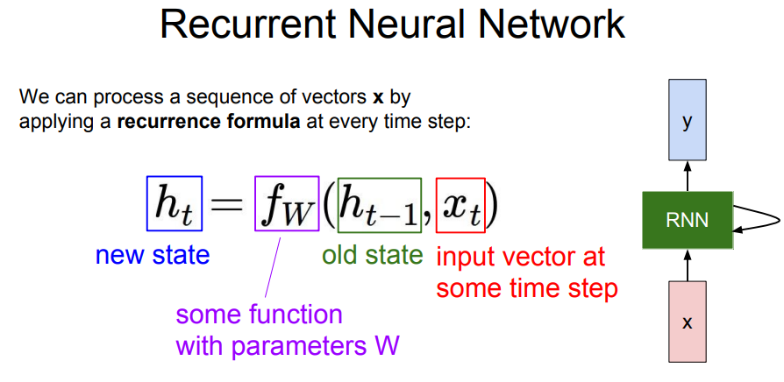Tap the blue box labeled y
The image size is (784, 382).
(688, 120)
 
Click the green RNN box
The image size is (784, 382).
(688, 220)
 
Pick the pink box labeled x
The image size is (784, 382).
(688, 322)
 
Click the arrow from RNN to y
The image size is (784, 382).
(688, 176)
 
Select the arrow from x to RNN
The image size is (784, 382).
(688, 265)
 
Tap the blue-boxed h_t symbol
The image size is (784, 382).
(175, 203)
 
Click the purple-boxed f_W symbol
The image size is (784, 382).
(287, 203)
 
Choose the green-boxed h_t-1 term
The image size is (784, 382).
(380, 206)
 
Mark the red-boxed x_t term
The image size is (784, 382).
(460, 206)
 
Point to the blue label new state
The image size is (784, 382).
(153, 255)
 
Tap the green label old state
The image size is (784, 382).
(373, 255)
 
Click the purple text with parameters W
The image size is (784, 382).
(289, 345)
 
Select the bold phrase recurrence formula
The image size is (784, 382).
(209, 123)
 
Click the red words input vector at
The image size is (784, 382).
(521, 258)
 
